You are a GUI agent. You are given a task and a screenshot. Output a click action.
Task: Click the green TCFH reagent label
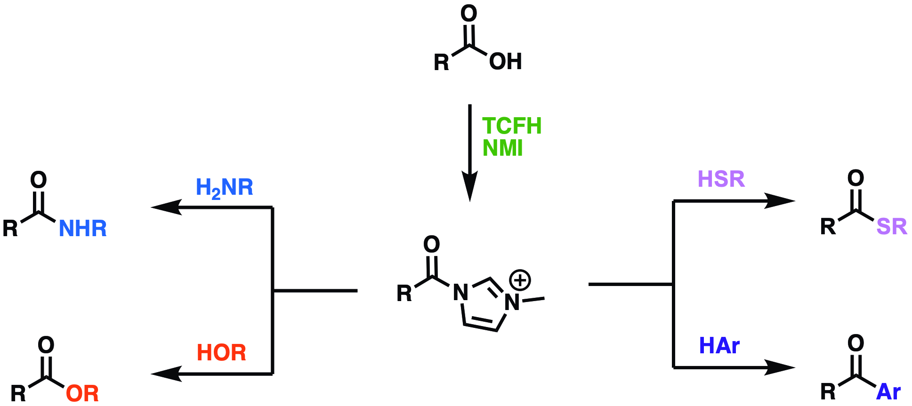pos(512,126)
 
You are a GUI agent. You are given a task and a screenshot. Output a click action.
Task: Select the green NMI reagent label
pos(502,148)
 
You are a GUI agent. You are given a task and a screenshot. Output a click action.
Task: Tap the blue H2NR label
pos(224,188)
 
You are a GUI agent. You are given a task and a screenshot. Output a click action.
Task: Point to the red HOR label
pos(221,353)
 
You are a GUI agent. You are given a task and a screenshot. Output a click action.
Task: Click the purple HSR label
pos(721,179)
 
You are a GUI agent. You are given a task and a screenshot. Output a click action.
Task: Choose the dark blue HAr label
pos(719,346)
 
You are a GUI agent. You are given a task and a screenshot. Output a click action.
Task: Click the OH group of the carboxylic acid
pos(506,62)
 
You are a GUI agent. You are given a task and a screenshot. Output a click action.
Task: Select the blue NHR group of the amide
pos(83,229)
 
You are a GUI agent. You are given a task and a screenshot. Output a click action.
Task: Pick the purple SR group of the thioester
pos(891,227)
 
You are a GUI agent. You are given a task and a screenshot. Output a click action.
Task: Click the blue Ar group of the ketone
pos(888,392)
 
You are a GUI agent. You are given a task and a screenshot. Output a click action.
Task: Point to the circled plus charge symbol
pos(520,280)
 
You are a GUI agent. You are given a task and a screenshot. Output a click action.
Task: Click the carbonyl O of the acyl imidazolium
pos(431,244)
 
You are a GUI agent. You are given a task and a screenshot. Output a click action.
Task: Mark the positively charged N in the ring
pos(512,303)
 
